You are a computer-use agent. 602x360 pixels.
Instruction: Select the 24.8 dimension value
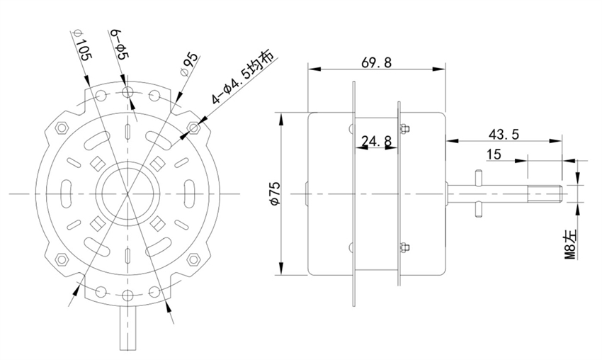coord(376,141)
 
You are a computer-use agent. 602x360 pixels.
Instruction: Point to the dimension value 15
coord(494,154)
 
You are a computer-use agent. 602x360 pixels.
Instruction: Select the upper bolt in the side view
coord(404,129)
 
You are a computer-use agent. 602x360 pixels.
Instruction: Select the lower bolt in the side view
coord(404,247)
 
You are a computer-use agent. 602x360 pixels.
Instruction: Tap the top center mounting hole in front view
coord(127,93)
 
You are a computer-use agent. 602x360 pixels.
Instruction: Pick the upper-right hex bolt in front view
coord(194,128)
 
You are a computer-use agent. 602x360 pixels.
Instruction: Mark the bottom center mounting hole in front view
coord(127,293)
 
